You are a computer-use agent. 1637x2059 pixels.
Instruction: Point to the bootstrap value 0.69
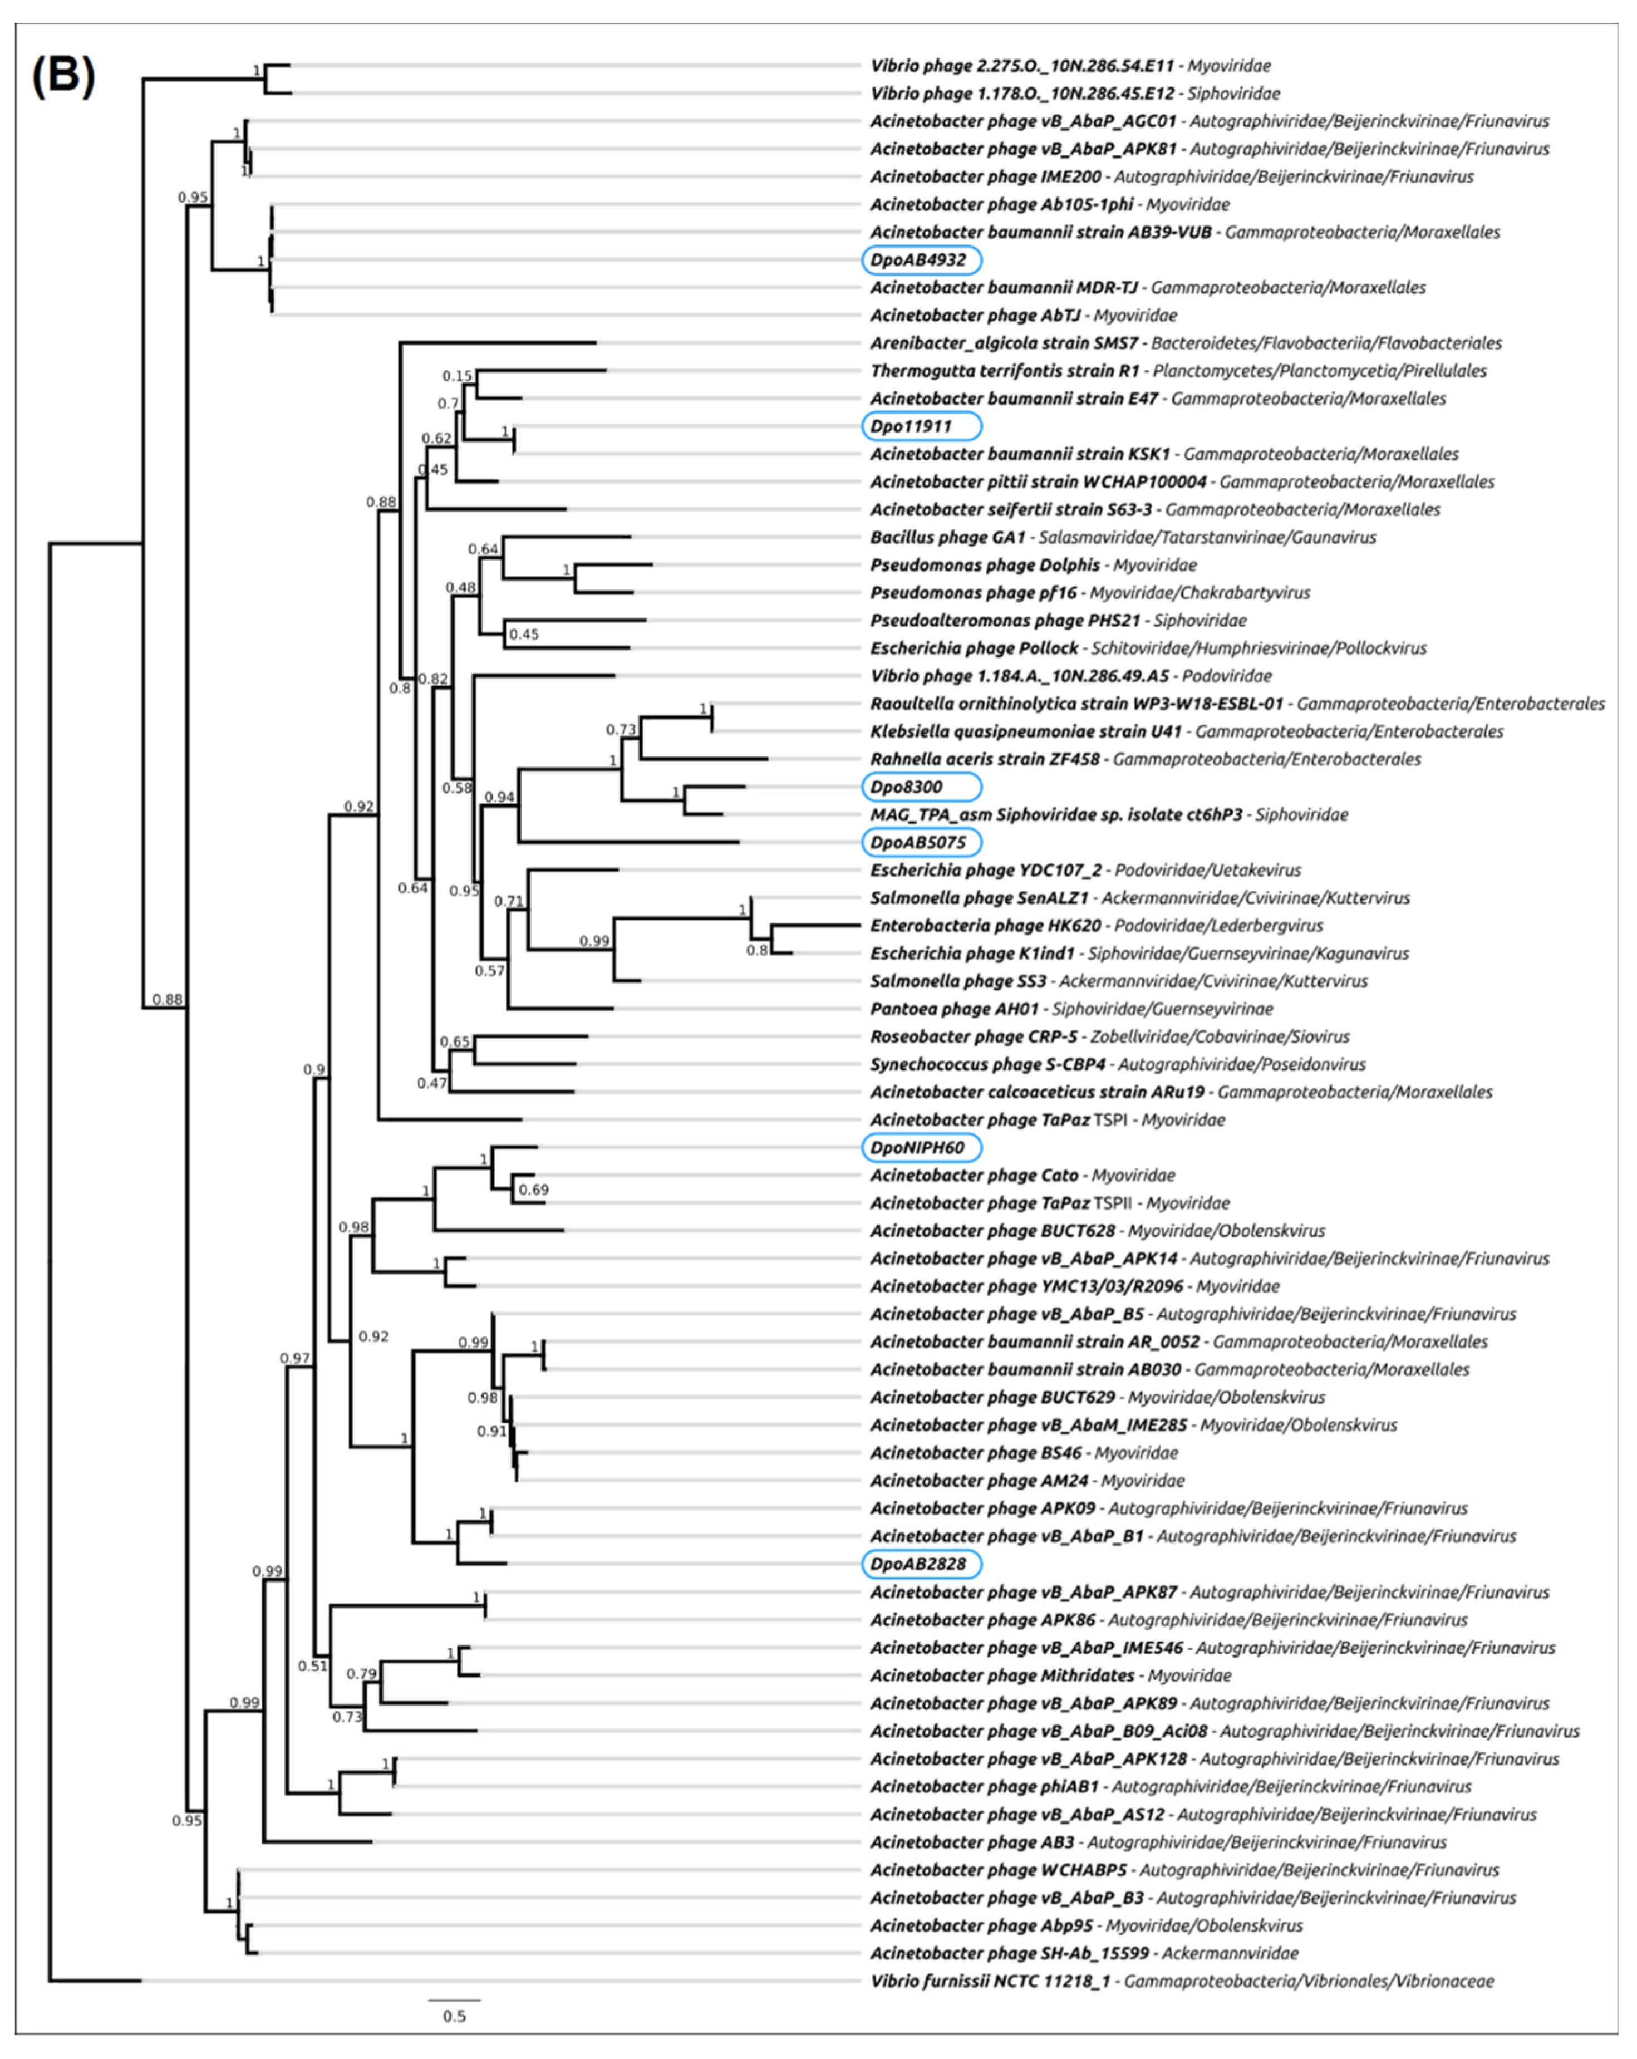point(533,1190)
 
